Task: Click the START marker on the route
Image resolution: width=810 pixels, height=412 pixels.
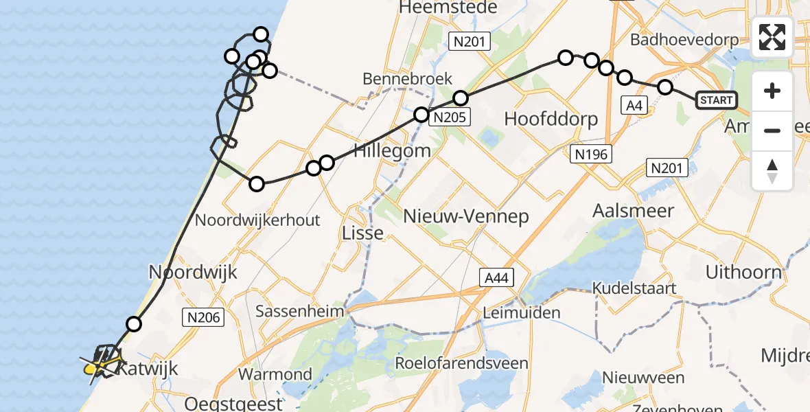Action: pos(717,100)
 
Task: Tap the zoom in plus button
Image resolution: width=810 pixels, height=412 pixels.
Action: pos(772,91)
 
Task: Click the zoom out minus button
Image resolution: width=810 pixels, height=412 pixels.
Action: pos(772,130)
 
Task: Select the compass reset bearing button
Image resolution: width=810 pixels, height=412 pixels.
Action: pos(772,170)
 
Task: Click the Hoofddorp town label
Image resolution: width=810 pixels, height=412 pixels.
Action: pos(551,118)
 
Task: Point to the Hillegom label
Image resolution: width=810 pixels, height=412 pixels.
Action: pos(392,150)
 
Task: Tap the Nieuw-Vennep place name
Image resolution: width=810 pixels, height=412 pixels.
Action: pos(465,217)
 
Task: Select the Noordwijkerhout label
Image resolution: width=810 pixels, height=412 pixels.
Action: pos(257,220)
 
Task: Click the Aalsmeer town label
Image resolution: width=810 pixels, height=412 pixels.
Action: pos(634,211)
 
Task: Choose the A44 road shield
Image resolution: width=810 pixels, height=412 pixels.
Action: pos(495,277)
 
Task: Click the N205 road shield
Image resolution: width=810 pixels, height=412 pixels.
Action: pos(450,117)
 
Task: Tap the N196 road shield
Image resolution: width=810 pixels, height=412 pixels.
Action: pos(591,154)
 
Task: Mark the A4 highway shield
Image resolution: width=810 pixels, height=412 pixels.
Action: pos(634,104)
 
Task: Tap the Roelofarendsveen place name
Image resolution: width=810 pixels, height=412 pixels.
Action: pos(461,363)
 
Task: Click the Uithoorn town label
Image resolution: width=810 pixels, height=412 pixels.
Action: pos(744,272)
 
